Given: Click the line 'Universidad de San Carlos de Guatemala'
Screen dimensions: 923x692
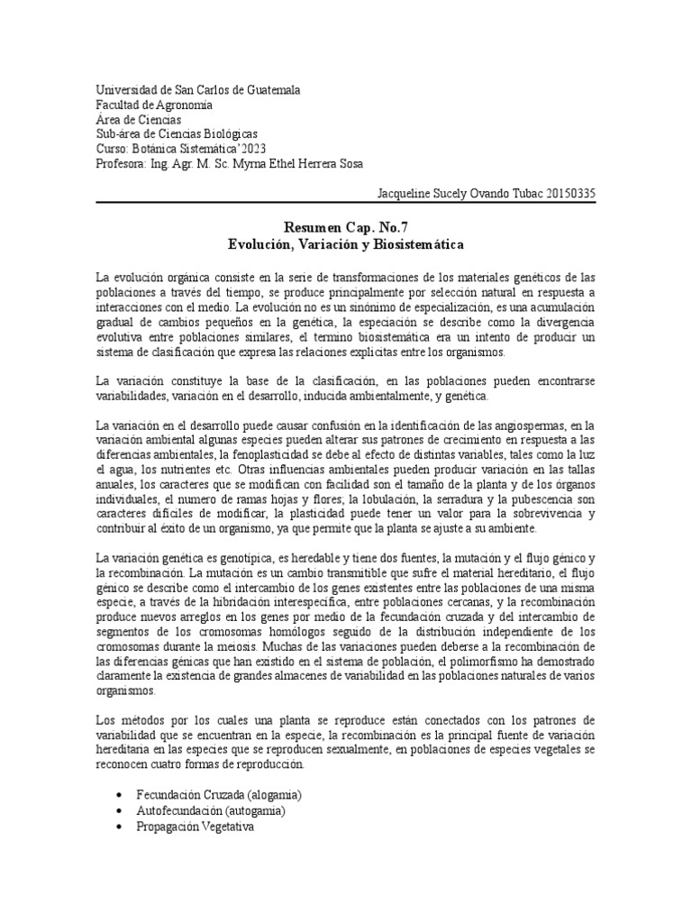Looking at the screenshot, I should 198,90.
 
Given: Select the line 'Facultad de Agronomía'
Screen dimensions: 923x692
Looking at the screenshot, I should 154,105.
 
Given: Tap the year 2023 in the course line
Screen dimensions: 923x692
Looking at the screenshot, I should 252,149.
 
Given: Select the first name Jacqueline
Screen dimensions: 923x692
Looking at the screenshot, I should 405,194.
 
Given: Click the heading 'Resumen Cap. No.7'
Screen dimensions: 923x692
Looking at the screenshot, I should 346,230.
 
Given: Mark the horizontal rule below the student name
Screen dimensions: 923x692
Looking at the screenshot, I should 346,203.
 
